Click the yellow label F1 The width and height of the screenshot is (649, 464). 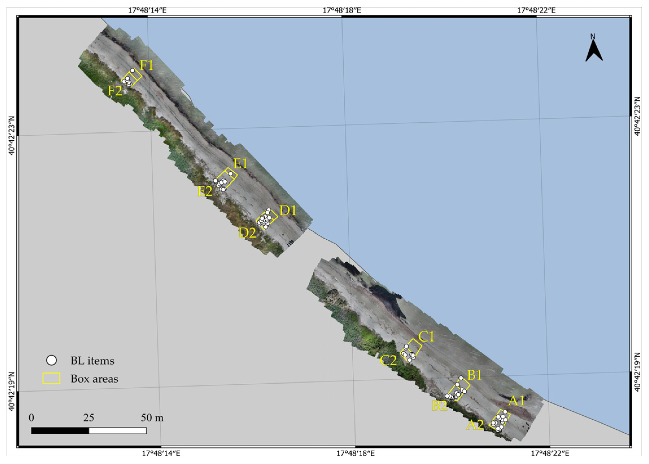pyautogui.click(x=147, y=65)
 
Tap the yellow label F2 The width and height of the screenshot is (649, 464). pyautogui.click(x=115, y=91)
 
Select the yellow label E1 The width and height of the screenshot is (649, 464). pyautogui.click(x=240, y=164)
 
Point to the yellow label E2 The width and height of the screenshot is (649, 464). pyautogui.click(x=205, y=191)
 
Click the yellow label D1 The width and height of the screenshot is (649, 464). pyautogui.click(x=288, y=210)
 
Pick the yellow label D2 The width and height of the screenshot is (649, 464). pyautogui.click(x=247, y=233)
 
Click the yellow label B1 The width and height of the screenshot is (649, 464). pyautogui.click(x=474, y=375)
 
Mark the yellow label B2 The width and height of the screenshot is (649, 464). pyautogui.click(x=440, y=406)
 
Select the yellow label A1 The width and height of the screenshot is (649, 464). pyautogui.click(x=517, y=401)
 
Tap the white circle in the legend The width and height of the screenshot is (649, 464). pyautogui.click(x=52, y=361)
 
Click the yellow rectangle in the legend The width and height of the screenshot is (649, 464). pyautogui.click(x=51, y=379)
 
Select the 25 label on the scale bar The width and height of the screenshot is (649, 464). pyautogui.click(x=88, y=418)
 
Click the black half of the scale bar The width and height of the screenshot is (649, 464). pyautogui.click(x=60, y=431)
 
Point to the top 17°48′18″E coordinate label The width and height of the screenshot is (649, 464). pyautogui.click(x=342, y=10)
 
